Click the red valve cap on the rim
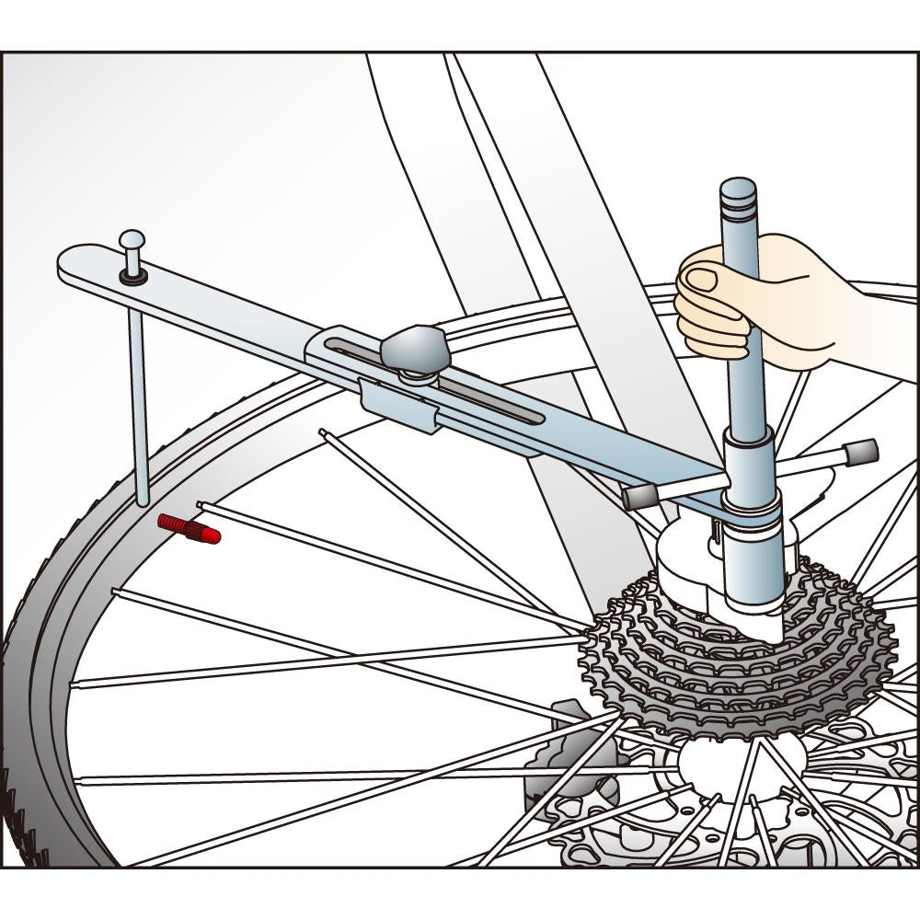tap(190, 528)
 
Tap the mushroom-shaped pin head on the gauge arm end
tap(132, 241)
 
